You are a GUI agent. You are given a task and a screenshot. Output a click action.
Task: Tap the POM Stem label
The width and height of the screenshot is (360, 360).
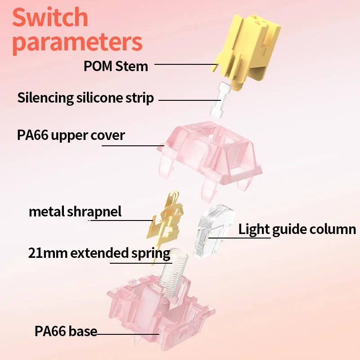(x=116, y=66)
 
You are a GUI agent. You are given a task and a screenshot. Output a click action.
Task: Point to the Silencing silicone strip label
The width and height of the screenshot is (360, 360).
(x=85, y=98)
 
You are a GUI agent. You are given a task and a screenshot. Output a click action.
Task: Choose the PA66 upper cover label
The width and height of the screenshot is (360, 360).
(x=71, y=135)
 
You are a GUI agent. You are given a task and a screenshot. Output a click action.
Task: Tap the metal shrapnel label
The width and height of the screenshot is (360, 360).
(x=75, y=211)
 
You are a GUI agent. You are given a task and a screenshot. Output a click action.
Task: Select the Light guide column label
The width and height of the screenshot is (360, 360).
(x=297, y=229)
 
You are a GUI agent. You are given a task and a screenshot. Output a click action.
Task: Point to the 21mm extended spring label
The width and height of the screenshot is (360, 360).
(x=99, y=253)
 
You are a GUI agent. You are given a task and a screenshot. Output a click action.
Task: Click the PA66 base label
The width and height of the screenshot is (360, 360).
(x=66, y=332)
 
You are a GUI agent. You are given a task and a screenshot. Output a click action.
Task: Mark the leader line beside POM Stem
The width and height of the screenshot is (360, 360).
(x=184, y=65)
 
